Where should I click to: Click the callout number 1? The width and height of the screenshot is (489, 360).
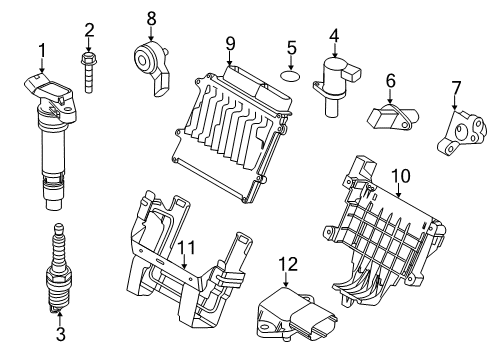click(42, 49)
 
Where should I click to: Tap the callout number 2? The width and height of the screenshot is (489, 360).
click(89, 29)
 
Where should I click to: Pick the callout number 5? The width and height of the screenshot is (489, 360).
click(291, 47)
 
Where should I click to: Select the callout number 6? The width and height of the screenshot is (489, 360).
click(390, 79)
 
